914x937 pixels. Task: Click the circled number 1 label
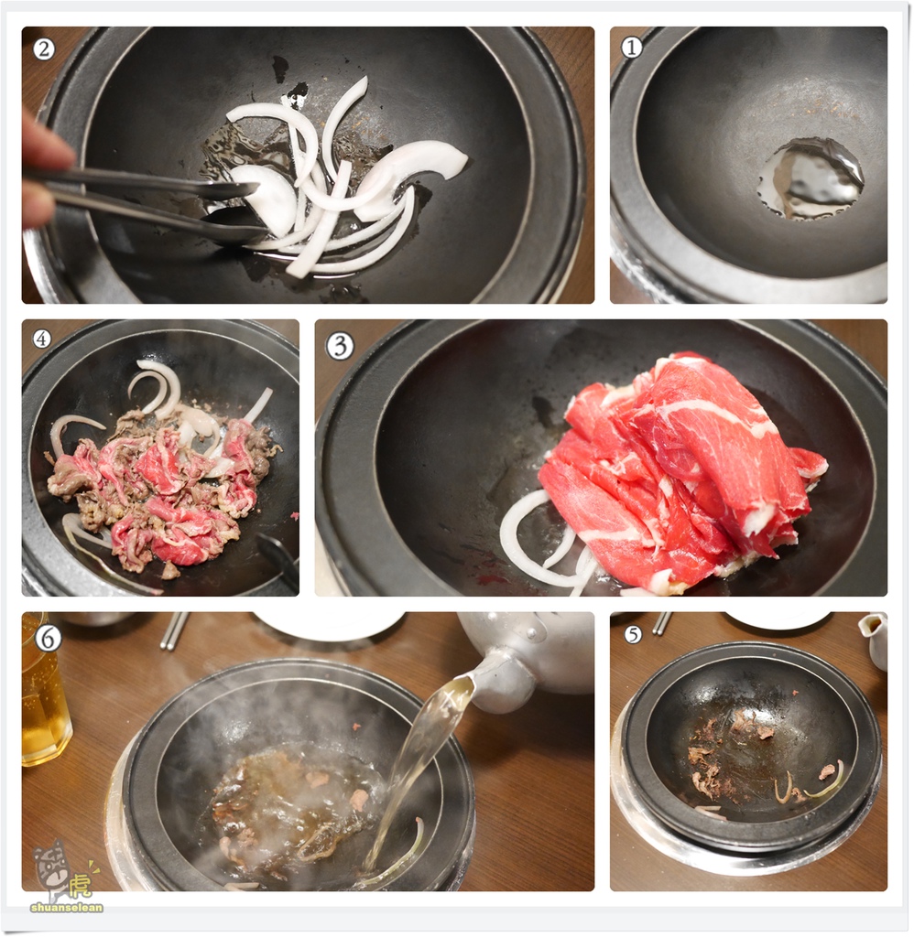(x=632, y=47)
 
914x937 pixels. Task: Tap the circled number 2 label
(x=43, y=48)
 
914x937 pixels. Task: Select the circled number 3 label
(x=340, y=345)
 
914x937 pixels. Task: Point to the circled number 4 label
(x=41, y=339)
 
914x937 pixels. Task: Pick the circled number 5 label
(x=633, y=633)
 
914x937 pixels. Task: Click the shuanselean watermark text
(x=67, y=907)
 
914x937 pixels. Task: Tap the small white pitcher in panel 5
(x=875, y=640)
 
